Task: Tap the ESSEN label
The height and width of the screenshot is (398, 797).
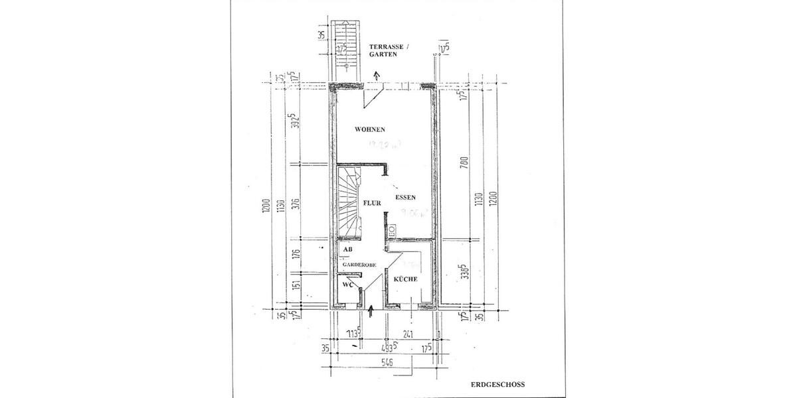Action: [x=405, y=198]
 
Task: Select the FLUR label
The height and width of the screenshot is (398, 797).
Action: [x=372, y=203]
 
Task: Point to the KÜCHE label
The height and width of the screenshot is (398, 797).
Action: [x=405, y=279]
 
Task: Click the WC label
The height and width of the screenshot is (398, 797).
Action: [x=347, y=284]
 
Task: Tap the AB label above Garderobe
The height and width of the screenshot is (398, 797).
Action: [x=347, y=249]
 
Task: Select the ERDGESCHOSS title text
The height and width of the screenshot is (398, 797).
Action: [x=498, y=383]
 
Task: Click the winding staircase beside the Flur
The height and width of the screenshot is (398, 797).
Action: [x=349, y=202]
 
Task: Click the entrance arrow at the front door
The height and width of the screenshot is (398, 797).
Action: [x=371, y=308]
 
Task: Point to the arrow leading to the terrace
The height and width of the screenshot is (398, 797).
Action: [x=377, y=76]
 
